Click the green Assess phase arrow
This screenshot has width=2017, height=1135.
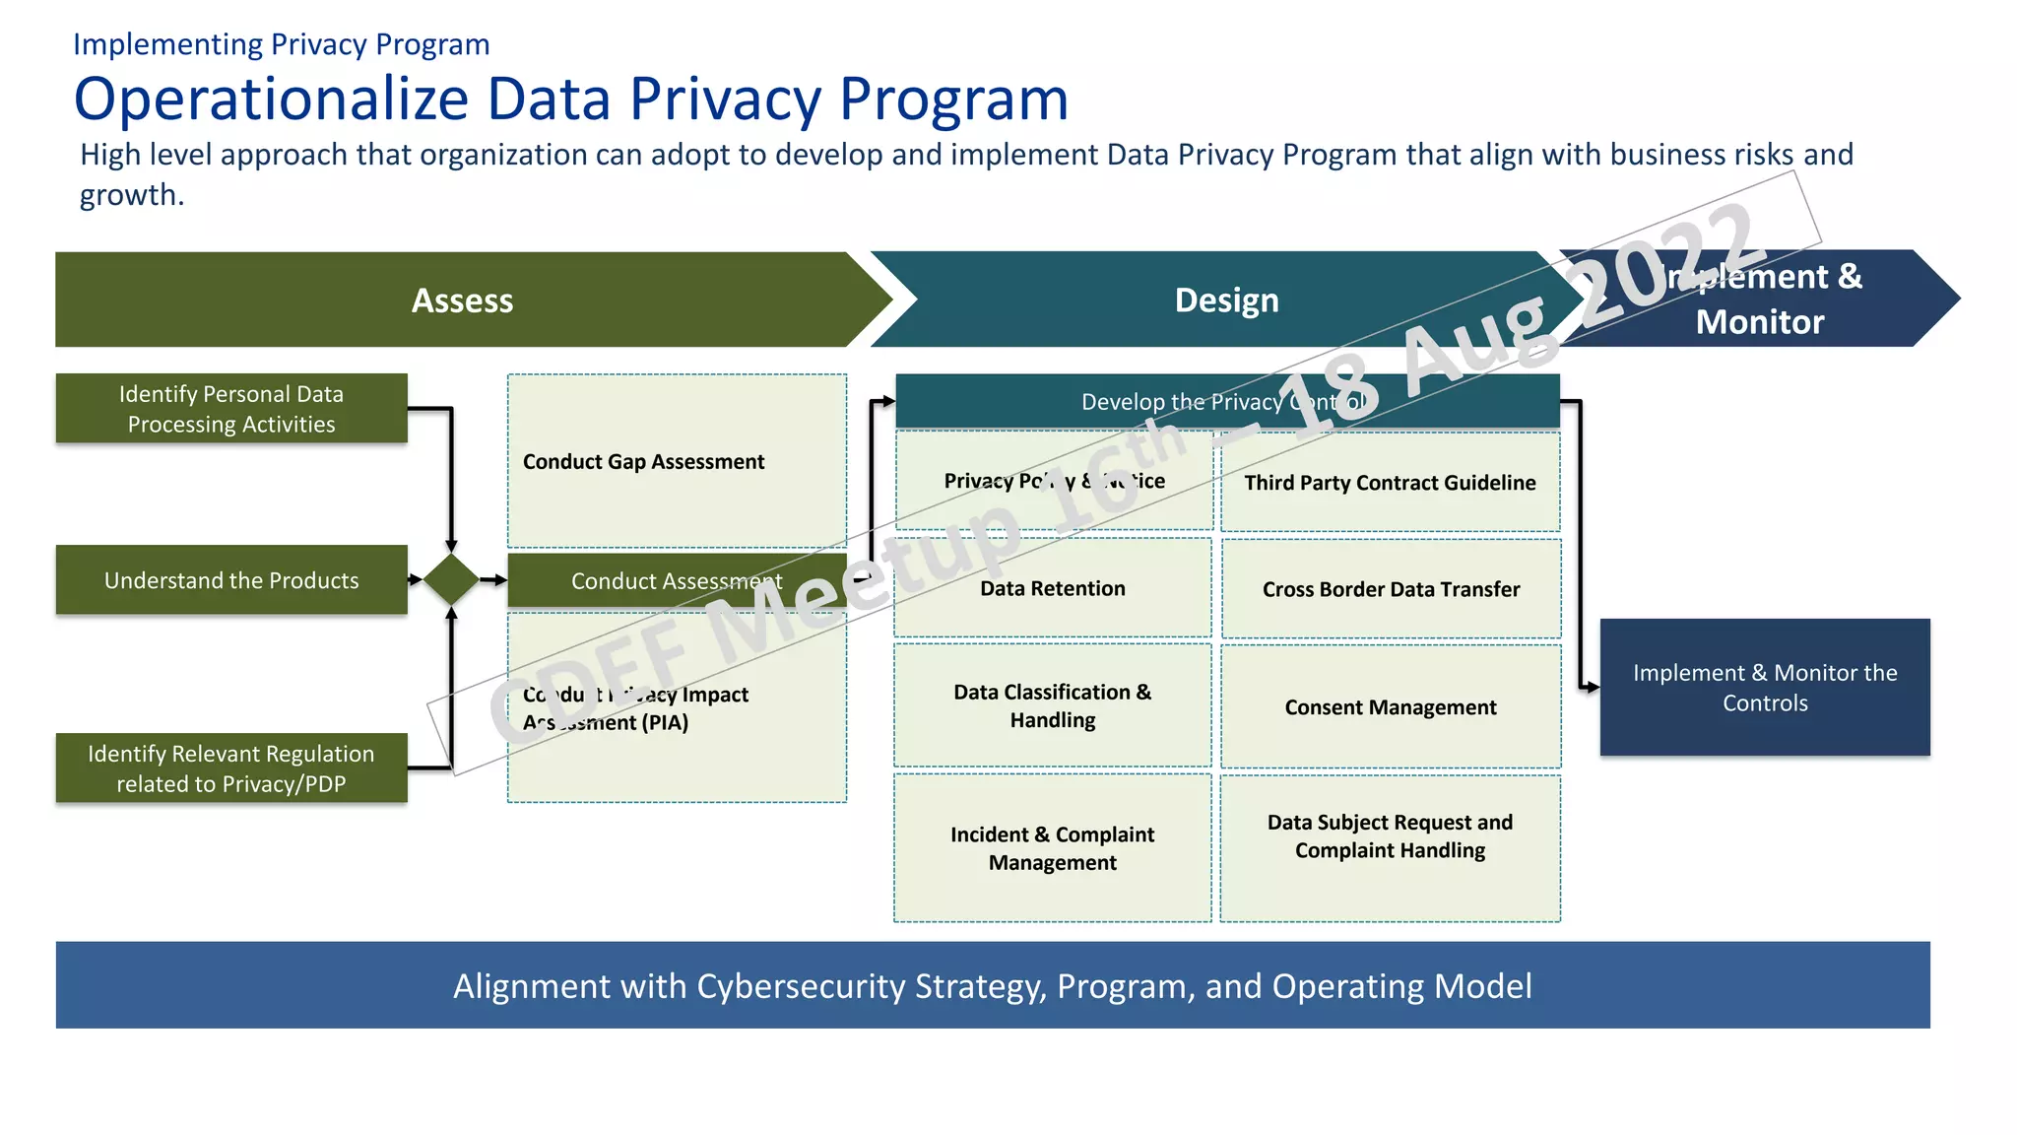tap(462, 300)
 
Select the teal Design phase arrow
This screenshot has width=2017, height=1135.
tap(1226, 300)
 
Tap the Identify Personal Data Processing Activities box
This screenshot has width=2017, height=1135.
tap(231, 409)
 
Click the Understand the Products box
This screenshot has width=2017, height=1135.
tap(231, 580)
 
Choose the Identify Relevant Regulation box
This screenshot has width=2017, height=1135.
tap(231, 768)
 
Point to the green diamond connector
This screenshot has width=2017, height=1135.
tap(451, 579)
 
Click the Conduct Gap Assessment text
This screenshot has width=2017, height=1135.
tap(643, 461)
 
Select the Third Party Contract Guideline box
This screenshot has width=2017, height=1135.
tap(1390, 483)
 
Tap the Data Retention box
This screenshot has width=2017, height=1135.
tap(1052, 588)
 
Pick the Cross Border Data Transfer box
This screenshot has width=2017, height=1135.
tap(1391, 589)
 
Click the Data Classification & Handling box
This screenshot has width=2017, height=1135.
tap(1052, 705)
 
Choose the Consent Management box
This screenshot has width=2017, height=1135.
tap(1390, 707)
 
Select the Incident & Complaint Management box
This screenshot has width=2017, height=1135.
tap(1052, 848)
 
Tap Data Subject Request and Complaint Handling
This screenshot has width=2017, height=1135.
tap(1390, 836)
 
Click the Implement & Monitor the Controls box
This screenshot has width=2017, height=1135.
tap(1764, 688)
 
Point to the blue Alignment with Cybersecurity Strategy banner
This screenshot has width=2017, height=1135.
tap(992, 985)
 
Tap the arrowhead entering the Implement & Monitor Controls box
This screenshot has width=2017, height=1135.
tap(1592, 687)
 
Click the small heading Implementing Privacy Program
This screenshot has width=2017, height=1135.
tap(281, 44)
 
